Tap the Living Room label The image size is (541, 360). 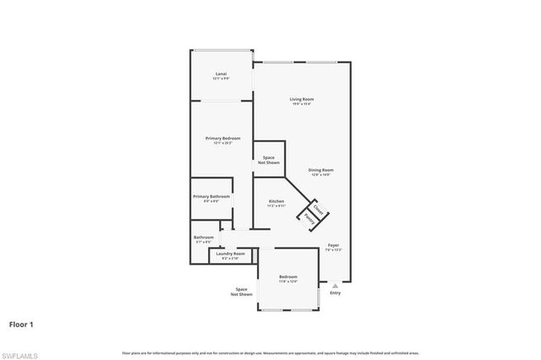click(x=302, y=99)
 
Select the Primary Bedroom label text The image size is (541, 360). click(x=222, y=138)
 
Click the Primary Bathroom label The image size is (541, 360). click(x=211, y=196)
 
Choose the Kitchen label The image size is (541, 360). click(x=276, y=201)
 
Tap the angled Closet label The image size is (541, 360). click(x=318, y=209)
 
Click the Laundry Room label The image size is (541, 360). click(x=230, y=254)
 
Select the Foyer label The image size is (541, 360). click(x=333, y=246)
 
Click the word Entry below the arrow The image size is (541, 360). click(x=336, y=293)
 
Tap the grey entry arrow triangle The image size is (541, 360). click(x=336, y=286)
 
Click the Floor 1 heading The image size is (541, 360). click(x=22, y=324)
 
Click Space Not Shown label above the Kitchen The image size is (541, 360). click(x=268, y=160)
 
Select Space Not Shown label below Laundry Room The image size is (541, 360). click(x=243, y=292)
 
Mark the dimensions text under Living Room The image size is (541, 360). click(x=302, y=104)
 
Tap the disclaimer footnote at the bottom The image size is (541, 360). click(x=270, y=352)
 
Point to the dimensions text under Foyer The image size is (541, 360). click(x=333, y=251)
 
